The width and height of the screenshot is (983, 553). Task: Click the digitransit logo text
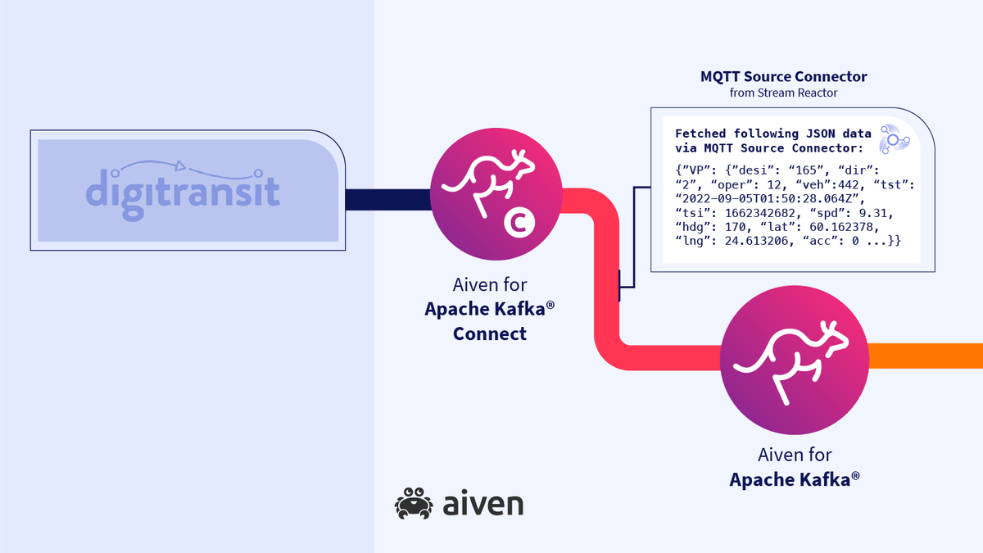tap(182, 191)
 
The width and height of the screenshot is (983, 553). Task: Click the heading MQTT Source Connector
tap(783, 77)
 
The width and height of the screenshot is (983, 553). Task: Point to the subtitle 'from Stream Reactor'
tap(783, 93)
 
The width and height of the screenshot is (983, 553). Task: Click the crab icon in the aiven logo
tap(413, 504)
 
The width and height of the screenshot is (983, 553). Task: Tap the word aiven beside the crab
tap(479, 504)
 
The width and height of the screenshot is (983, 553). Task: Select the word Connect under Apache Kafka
tap(489, 333)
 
